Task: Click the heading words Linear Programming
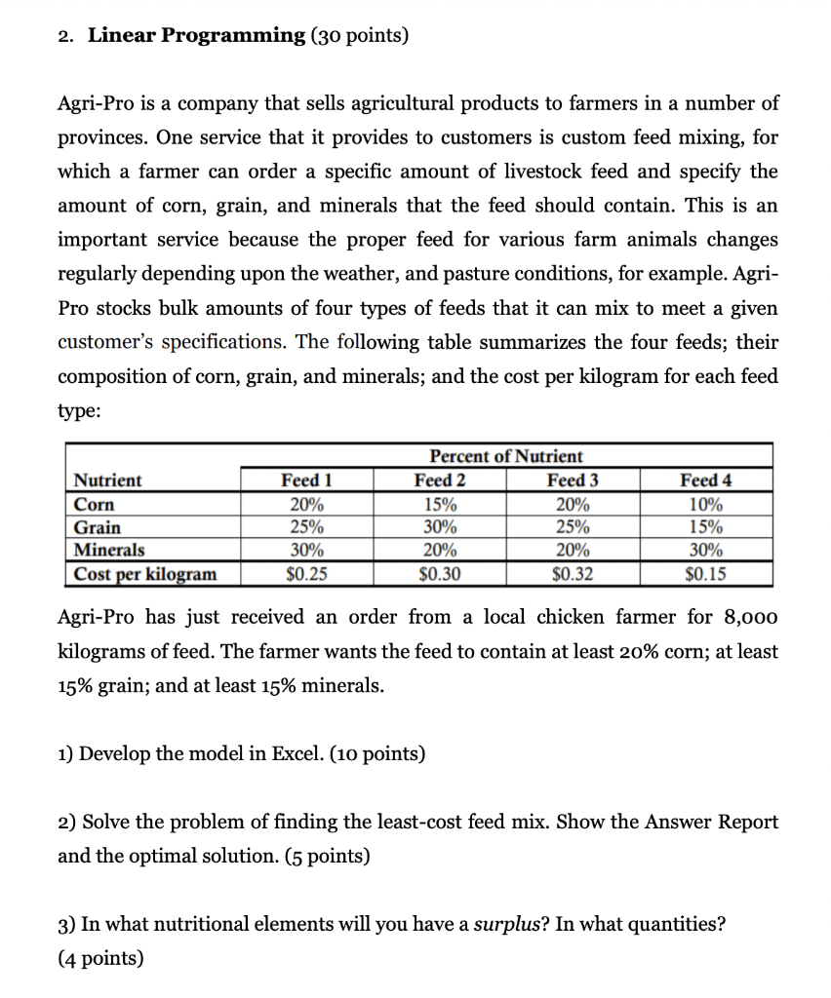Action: (196, 36)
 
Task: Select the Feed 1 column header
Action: (306, 480)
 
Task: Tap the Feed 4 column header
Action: (705, 480)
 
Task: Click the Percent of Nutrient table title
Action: (506, 456)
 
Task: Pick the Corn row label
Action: (95, 505)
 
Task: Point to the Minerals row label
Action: (109, 551)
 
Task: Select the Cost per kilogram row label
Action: (145, 574)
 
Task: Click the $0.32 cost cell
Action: (573, 574)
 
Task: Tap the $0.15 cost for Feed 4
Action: (705, 574)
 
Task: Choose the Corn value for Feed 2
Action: (440, 505)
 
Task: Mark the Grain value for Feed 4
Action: (705, 527)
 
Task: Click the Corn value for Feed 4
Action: (705, 505)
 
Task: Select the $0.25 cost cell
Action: (306, 574)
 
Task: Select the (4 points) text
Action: (100, 958)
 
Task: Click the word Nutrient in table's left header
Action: (108, 480)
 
